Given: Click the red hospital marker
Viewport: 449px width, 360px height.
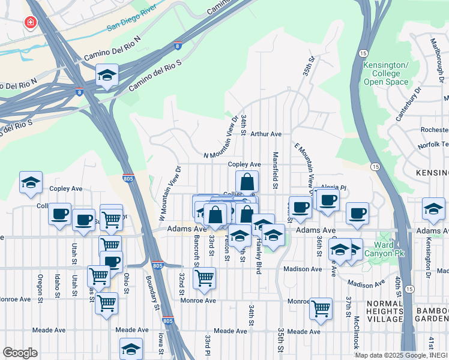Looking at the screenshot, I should tap(29, 23).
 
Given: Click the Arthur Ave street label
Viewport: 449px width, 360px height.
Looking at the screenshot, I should tap(266, 134).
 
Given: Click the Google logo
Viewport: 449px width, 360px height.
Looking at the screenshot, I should tap(21, 352).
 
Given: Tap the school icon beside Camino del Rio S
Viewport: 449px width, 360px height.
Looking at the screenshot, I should tap(107, 75).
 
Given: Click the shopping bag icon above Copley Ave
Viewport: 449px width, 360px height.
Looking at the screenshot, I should tap(247, 181).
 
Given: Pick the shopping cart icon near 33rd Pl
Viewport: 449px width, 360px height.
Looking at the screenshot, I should tap(204, 278).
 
